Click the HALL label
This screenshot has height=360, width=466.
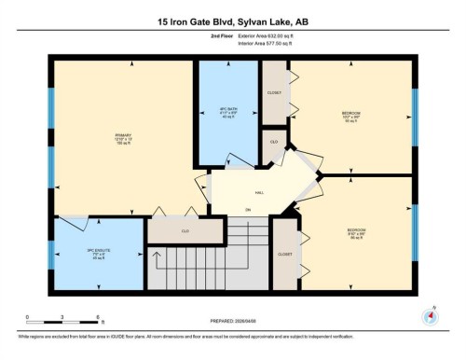(247, 193)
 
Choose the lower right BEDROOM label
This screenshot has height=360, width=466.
(356, 229)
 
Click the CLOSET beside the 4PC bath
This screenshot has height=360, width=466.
(274, 93)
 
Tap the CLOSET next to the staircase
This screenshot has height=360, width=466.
(285, 252)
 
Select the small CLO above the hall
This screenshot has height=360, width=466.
(274, 141)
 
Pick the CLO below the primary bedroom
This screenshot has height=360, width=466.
(185, 229)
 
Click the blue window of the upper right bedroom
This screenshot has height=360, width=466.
(414, 116)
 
